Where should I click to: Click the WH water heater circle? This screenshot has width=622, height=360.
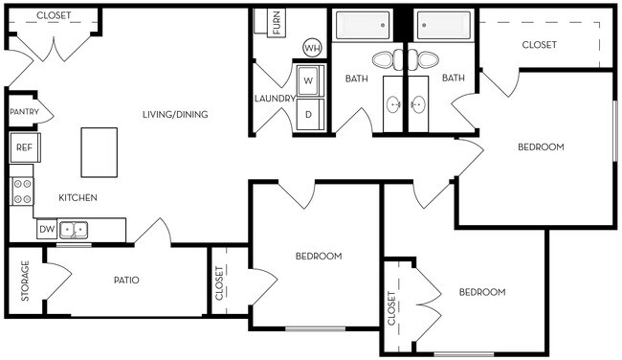(312, 47)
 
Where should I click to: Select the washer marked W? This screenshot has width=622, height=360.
(308, 80)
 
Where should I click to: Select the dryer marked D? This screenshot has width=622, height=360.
(308, 114)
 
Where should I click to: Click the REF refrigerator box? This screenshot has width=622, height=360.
(24, 147)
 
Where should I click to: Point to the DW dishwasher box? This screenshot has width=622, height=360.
(46, 229)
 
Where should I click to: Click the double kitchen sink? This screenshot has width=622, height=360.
(74, 229)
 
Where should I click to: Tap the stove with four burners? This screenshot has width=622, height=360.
(21, 191)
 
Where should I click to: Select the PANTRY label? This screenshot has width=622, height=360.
(24, 112)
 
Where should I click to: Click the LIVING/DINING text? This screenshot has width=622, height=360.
(175, 115)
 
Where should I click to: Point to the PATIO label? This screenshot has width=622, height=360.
(126, 281)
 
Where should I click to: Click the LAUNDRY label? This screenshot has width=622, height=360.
(274, 99)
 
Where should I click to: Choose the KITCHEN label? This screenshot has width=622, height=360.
(78, 197)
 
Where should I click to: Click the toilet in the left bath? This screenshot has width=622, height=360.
(383, 59)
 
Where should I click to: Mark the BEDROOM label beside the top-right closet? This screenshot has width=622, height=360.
(541, 146)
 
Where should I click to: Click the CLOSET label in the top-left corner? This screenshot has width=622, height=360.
(55, 16)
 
